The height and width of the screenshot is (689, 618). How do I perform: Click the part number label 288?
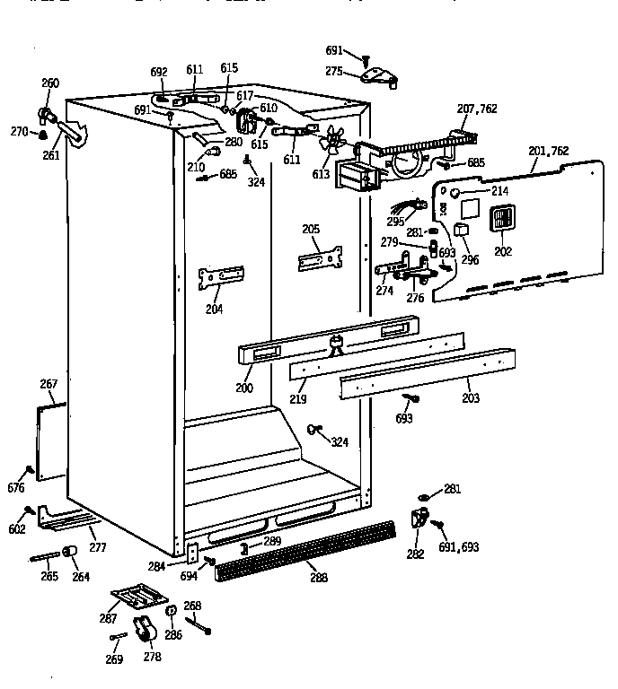point(318,578)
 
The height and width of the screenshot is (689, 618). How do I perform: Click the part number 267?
point(49,385)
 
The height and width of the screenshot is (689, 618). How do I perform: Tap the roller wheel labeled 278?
point(144,631)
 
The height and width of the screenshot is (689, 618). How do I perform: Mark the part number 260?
point(50,83)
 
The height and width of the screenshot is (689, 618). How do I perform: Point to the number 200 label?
point(243,388)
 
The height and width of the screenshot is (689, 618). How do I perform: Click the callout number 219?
point(297,397)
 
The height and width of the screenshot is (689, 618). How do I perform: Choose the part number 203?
point(471,397)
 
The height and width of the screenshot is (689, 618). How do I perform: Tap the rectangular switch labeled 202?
point(501,221)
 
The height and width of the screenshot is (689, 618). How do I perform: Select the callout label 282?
point(415,554)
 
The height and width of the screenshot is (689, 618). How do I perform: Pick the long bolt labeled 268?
point(199,625)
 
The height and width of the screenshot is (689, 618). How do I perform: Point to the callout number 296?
point(470,260)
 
